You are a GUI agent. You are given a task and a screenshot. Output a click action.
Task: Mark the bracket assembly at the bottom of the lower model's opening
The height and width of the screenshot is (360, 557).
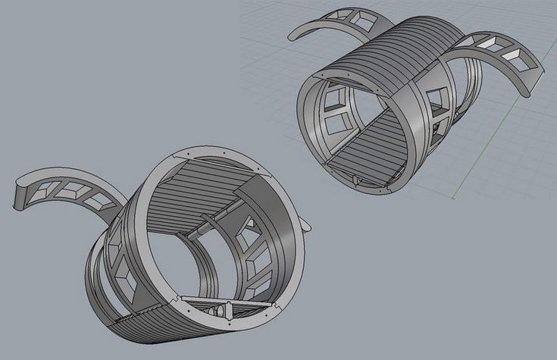[x=220, y=307]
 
